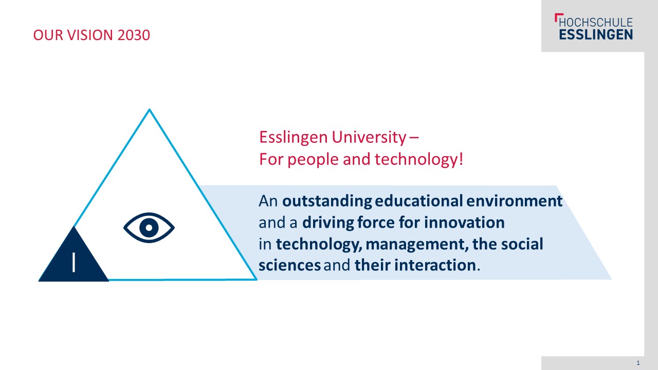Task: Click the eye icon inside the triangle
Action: tap(149, 228)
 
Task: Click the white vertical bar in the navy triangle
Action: tap(74, 262)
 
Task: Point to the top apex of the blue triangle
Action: tap(149, 109)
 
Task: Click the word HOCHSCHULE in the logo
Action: tap(596, 22)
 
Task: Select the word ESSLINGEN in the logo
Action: tap(596, 34)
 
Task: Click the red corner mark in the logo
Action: tap(558, 17)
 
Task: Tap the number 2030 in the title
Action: tap(134, 35)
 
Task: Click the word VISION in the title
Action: tap(90, 35)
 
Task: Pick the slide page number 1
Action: tap(638, 363)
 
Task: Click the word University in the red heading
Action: tap(369, 137)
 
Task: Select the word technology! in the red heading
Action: tap(418, 160)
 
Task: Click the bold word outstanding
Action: tap(327, 201)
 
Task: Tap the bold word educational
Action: tap(419, 201)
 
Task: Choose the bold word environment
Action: tap(514, 201)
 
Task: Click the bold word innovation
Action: tap(464, 223)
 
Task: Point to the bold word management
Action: tap(417, 244)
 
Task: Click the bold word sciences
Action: tap(289, 265)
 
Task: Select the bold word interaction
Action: tap(435, 265)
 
